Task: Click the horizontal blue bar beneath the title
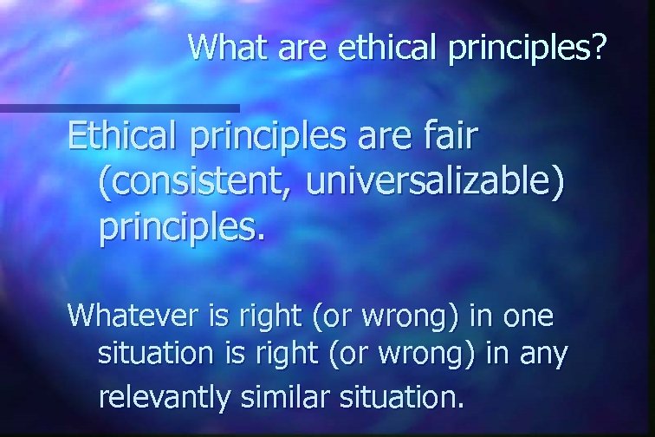pos(120,108)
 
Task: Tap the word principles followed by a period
pos(179,230)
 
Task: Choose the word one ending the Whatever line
pos(527,316)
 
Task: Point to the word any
pos(542,355)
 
